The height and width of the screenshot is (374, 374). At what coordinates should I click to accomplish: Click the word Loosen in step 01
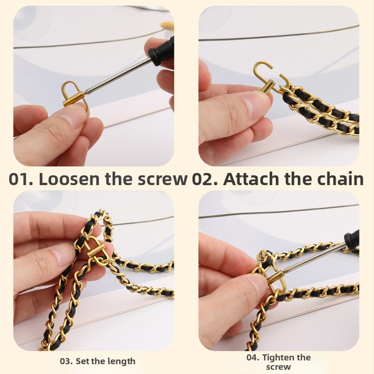coord(69,179)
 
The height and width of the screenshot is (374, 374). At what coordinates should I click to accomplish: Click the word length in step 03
coord(122,361)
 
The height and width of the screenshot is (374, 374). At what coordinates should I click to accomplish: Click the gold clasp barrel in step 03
coord(95,252)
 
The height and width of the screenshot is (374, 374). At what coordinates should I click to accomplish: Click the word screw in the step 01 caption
coord(162,179)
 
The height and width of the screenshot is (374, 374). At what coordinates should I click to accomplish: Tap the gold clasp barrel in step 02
coord(266,86)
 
